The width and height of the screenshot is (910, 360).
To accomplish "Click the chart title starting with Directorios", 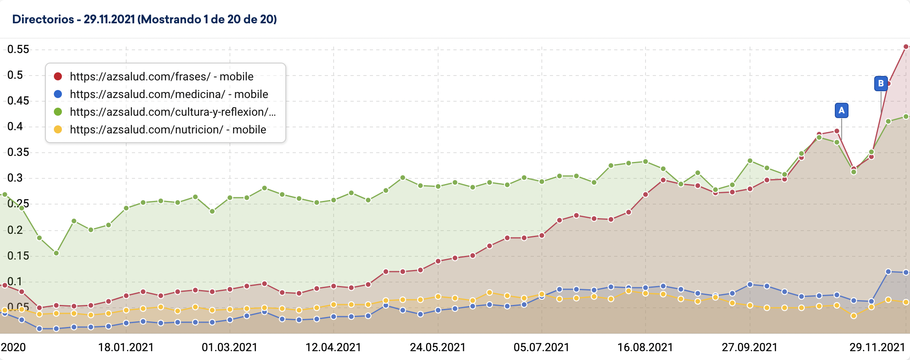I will (x=144, y=19).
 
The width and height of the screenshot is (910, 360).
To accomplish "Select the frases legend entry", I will (x=161, y=76).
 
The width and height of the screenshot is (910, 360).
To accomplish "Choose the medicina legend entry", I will (x=168, y=94).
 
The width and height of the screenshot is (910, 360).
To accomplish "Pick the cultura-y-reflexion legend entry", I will (x=172, y=112).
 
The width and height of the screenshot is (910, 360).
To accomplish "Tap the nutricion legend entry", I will (x=168, y=129).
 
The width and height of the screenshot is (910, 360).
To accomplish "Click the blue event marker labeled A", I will (x=841, y=110).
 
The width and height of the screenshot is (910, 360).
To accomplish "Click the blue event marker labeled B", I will (x=881, y=84).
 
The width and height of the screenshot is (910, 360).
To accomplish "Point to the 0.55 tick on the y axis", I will (x=18, y=49).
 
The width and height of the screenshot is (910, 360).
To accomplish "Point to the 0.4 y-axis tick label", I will (x=15, y=127).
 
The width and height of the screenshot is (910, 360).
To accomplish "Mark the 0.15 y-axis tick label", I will (x=18, y=256).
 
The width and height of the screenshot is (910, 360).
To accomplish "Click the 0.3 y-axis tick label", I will (x=15, y=178).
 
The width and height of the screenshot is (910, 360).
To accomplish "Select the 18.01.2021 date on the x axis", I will (x=126, y=347).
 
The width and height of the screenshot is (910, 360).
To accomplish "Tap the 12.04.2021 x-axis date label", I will (x=333, y=347).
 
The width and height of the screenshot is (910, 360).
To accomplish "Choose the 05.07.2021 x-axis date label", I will (x=541, y=347).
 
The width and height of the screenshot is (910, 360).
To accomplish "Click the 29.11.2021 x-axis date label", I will (x=877, y=347).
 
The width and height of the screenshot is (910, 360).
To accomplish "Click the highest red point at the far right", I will (x=906, y=47).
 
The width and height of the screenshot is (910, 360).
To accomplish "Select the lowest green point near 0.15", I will (x=56, y=253).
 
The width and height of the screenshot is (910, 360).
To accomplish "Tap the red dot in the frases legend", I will (x=58, y=76).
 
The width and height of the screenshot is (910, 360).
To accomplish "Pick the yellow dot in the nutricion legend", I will (x=58, y=129).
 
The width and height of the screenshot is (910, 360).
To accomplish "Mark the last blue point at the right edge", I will (x=906, y=272).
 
